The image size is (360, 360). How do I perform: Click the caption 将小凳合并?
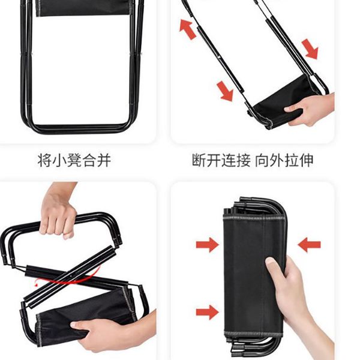pos(74,160)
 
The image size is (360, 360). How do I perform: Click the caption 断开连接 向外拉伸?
pos(253,160)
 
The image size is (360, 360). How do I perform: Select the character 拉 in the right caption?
pos(292,160)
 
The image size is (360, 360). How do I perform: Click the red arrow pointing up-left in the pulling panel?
pos(188,29)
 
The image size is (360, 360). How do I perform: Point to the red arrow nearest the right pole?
pos(310,49)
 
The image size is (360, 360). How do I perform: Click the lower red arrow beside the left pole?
pos(225,91)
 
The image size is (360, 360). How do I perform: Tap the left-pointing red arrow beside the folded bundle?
pos(309,245)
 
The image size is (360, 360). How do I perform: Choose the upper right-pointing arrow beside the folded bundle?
pos(208,245)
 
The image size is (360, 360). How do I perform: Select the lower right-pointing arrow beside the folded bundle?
pos(208,312)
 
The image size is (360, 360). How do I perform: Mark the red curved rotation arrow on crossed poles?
pos(69,279)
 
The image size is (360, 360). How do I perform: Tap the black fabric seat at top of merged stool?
pos(83,8)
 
